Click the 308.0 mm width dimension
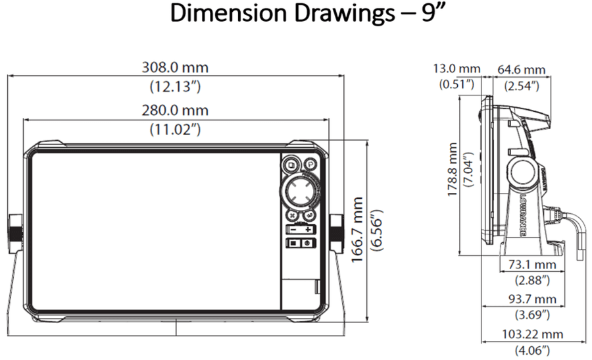[x=175, y=68]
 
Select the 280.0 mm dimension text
[x=175, y=111]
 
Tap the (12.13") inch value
[x=175, y=86]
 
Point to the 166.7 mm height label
[x=357, y=230]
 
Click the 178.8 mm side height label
[x=452, y=169]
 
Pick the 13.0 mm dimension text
[x=456, y=68]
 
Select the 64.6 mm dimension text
[x=522, y=70]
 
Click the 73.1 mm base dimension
[x=532, y=265]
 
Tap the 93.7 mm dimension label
[x=532, y=299]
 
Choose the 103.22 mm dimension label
[x=532, y=334]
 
